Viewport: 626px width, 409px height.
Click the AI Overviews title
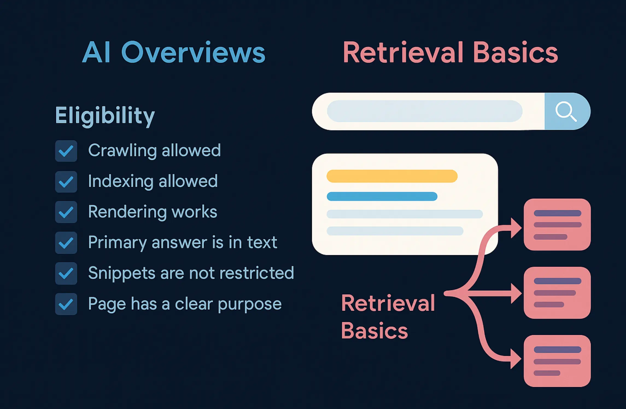pyautogui.click(x=174, y=53)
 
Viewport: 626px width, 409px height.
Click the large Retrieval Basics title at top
pyautogui.click(x=450, y=53)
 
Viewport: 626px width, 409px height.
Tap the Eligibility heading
pyautogui.click(x=105, y=116)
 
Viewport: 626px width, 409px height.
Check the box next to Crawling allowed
pyautogui.click(x=66, y=151)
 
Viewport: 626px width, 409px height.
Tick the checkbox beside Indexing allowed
pyautogui.click(x=66, y=182)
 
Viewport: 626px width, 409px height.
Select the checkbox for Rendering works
pyautogui.click(x=66, y=212)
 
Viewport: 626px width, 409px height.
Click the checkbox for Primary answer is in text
pyautogui.click(x=66, y=243)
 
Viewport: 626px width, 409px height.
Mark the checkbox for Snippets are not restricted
pyautogui.click(x=66, y=273)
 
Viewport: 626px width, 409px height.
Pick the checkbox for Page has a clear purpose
pyautogui.click(x=66, y=304)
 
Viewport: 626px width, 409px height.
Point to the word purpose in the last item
pyautogui.click(x=250, y=304)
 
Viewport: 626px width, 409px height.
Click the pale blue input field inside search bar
pyautogui.click(x=424, y=111)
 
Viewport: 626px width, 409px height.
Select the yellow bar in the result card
pyautogui.click(x=392, y=176)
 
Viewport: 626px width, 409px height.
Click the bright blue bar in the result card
pyautogui.click(x=382, y=196)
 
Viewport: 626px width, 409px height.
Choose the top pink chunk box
pyautogui.click(x=557, y=224)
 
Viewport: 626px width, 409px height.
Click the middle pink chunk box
pyautogui.click(x=557, y=293)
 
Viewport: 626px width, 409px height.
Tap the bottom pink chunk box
pyautogui.click(x=557, y=361)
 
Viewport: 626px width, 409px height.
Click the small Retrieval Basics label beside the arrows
pyautogui.click(x=388, y=317)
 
